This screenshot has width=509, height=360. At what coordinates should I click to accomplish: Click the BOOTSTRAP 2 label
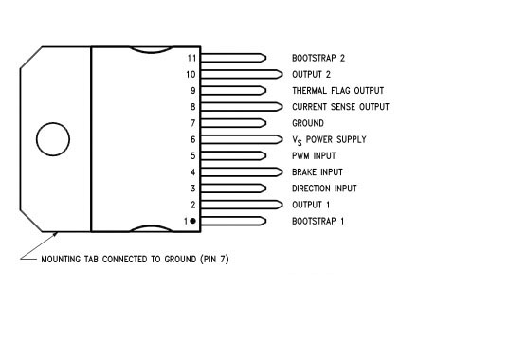click(318, 58)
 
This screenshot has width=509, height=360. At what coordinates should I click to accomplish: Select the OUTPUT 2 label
click(312, 74)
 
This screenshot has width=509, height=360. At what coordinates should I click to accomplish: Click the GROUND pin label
click(308, 123)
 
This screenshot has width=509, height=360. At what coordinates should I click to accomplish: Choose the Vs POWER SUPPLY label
click(329, 140)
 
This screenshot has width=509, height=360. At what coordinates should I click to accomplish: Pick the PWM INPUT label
click(314, 155)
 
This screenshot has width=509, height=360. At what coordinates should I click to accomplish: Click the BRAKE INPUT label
click(318, 172)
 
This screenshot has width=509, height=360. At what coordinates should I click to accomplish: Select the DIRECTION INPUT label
click(325, 189)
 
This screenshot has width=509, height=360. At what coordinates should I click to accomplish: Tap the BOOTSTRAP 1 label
click(318, 221)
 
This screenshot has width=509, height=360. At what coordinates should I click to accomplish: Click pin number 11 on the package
click(191, 58)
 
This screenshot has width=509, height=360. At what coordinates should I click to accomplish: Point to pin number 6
click(192, 139)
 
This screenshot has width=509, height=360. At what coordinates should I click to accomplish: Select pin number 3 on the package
click(192, 189)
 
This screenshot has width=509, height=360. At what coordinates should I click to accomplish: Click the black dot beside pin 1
click(192, 221)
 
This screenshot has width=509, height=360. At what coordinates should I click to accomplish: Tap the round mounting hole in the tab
click(52, 138)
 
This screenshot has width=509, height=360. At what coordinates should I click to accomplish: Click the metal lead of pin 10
click(242, 74)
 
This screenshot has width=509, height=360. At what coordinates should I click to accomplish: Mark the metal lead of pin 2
click(242, 205)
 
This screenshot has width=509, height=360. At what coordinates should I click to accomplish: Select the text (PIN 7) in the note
click(210, 259)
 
